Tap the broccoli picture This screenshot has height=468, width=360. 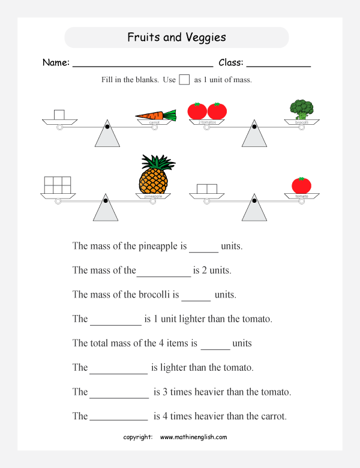301,110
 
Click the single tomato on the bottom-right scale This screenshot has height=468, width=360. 301,185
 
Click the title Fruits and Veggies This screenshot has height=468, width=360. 176,37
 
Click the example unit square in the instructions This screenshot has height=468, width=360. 185,80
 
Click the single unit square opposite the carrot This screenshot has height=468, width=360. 59,114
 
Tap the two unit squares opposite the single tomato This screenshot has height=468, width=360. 207,189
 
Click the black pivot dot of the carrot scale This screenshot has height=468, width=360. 107,127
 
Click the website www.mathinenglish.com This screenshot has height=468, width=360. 193,437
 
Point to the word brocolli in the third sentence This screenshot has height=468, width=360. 161,295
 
